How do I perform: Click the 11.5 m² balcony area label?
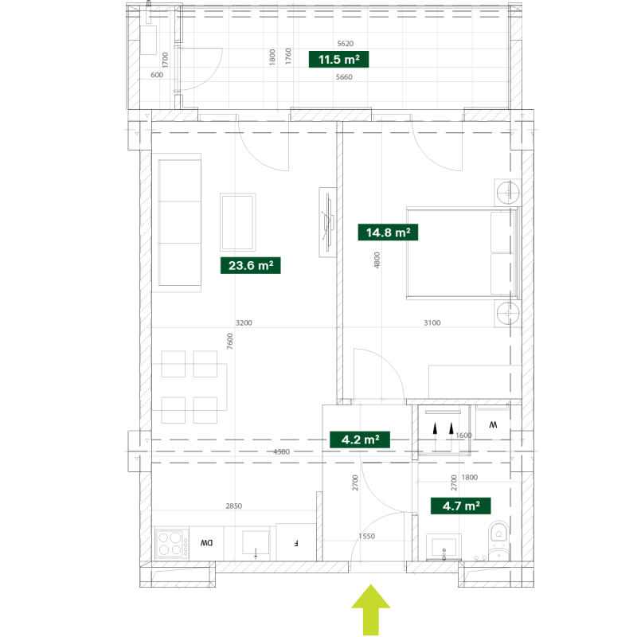click(x=339, y=59)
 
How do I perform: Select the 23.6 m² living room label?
click(x=251, y=265)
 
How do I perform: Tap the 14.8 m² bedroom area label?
click(x=388, y=233)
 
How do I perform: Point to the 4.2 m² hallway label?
click(x=360, y=440)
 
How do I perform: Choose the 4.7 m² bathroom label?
click(x=461, y=506)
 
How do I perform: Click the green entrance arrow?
click(x=370, y=609)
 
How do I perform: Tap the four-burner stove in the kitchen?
click(x=172, y=544)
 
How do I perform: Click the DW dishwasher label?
click(x=206, y=543)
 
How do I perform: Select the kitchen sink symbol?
click(x=256, y=543)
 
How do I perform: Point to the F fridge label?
click(x=296, y=543)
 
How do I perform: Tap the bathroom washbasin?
click(x=444, y=547)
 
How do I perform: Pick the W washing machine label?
click(x=493, y=424)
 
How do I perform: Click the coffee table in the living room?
click(x=237, y=222)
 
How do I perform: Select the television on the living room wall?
click(x=327, y=222)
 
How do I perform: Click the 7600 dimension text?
click(x=230, y=342)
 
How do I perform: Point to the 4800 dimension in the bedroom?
click(x=377, y=260)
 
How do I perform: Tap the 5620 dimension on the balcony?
click(x=346, y=44)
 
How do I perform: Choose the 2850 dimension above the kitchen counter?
click(x=233, y=506)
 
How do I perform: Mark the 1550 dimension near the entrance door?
click(x=366, y=536)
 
